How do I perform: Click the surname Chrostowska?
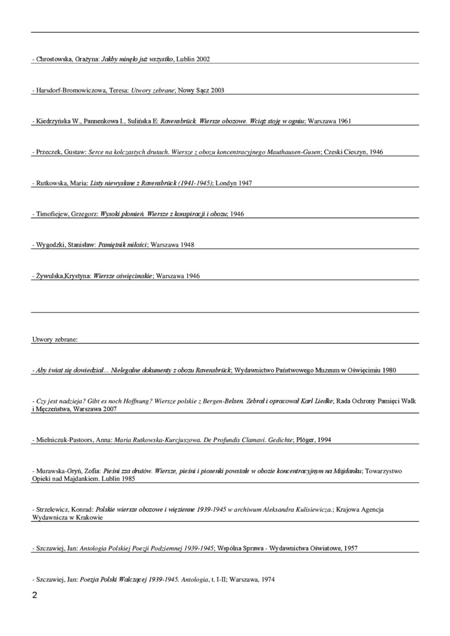[54, 59]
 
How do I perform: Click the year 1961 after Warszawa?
[345, 121]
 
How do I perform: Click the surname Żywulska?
[49, 276]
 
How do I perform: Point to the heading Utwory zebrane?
[55, 340]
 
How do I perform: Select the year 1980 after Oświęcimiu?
[389, 370]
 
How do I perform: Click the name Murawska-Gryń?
[61, 471]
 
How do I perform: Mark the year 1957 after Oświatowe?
[349, 548]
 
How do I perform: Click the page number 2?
[34, 595]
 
